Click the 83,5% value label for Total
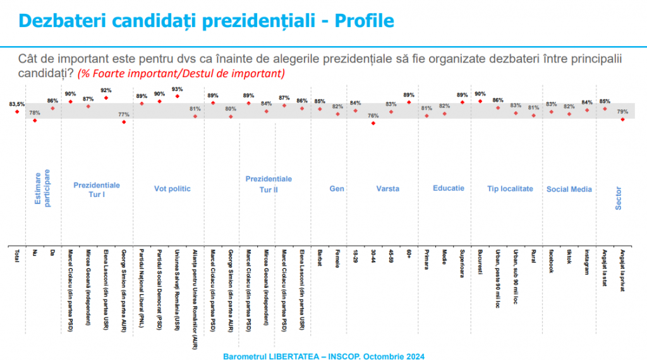(x=17, y=104)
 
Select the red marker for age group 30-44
(x=373, y=123)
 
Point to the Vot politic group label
(x=172, y=189)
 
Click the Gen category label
(x=337, y=189)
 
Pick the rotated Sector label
(x=619, y=197)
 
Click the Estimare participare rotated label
(x=41, y=187)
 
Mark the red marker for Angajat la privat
(x=623, y=119)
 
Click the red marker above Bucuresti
(x=481, y=101)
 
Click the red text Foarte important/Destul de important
(x=181, y=74)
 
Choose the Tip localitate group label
(x=510, y=189)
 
